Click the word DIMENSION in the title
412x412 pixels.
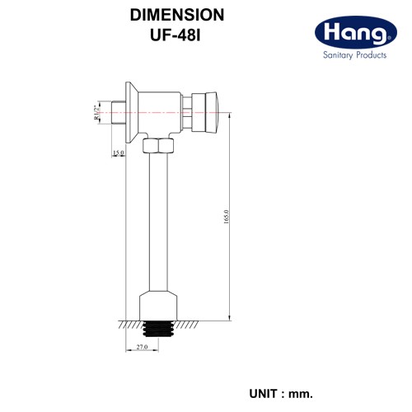[177, 15]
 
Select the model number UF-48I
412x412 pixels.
[176, 35]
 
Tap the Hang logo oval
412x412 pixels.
[356, 32]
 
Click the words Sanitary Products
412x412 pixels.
[354, 55]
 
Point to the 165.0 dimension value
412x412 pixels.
[226, 217]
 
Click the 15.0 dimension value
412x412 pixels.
[119, 152]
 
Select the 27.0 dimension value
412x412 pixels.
[142, 347]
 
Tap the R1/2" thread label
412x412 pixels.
[96, 112]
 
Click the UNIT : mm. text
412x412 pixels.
[281, 394]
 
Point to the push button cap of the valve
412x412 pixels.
[213, 112]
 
